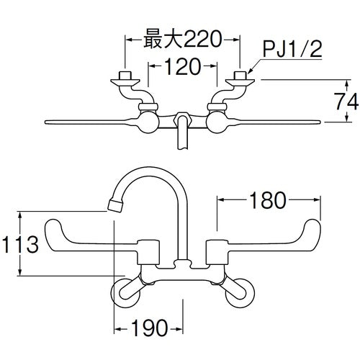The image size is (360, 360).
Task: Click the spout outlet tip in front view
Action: click(114, 206)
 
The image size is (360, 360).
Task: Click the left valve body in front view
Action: click(148, 253)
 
